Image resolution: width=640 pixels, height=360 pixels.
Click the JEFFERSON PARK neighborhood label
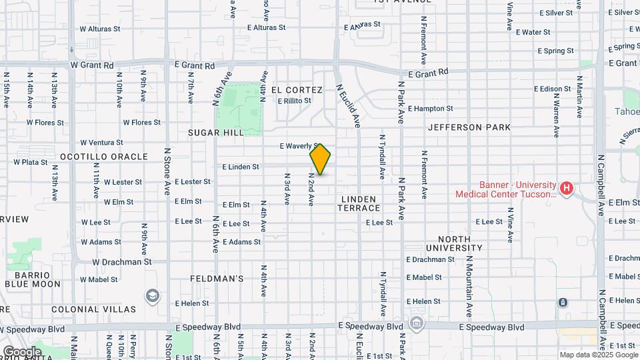pos(469,127)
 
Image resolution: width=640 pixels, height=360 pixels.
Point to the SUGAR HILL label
pos(216,133)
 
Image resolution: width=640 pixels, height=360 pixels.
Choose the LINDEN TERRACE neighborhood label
pos(359,204)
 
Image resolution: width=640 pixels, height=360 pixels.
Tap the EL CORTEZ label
pos(297,90)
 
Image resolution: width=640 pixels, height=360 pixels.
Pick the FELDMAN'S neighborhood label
pos(217,278)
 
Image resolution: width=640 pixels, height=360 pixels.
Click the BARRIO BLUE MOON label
pos(33,279)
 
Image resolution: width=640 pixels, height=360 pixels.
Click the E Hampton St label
pos(430,108)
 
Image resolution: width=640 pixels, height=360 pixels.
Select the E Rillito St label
pos(294,101)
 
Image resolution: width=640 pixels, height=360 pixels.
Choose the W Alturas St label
pos(100,29)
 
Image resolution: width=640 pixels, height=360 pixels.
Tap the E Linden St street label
pos(240,167)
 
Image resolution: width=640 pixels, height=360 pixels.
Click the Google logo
pos(22,351)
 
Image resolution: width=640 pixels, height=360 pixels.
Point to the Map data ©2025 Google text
pos(597,355)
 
